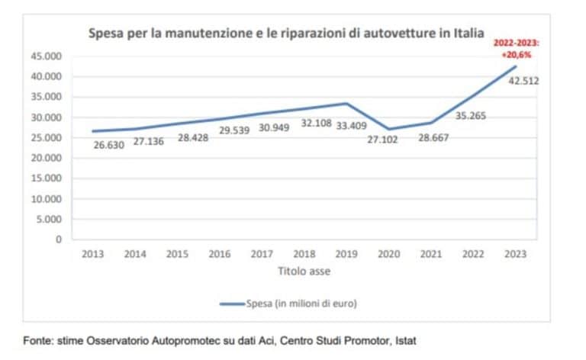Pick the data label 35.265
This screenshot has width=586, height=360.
(470, 117)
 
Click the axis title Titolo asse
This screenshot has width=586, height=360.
(304, 270)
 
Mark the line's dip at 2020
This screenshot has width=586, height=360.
(389, 129)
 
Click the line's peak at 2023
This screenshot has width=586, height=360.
(517, 66)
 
